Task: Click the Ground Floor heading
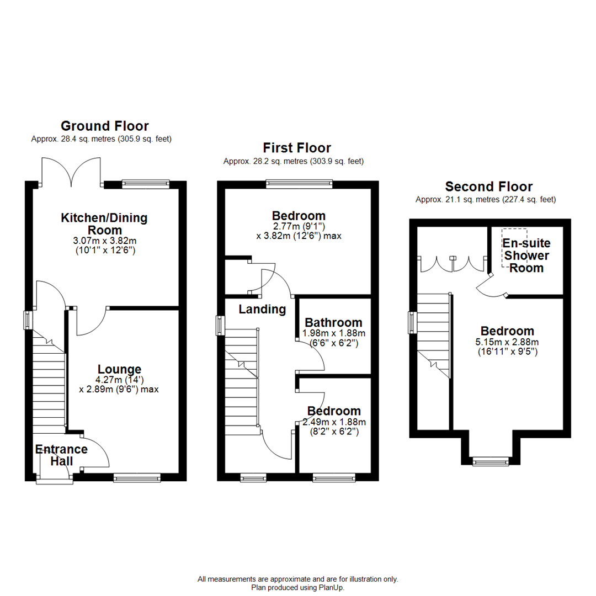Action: tap(104, 126)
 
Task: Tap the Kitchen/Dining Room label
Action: tap(104, 223)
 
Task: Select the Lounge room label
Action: tap(120, 369)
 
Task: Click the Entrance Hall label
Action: tap(61, 455)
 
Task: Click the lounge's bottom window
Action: tap(137, 476)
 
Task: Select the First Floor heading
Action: tap(296, 148)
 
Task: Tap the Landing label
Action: tap(262, 310)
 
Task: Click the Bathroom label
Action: tap(333, 322)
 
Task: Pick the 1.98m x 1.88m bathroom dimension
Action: tap(333, 333)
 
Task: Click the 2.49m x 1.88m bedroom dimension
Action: tap(334, 422)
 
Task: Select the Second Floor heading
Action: tap(488, 187)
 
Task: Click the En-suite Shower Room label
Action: tap(526, 256)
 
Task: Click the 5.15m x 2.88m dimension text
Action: tap(507, 342)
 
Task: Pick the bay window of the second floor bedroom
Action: tap(491, 460)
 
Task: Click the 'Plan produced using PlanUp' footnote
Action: tap(298, 588)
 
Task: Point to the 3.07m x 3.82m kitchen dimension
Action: tap(104, 241)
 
